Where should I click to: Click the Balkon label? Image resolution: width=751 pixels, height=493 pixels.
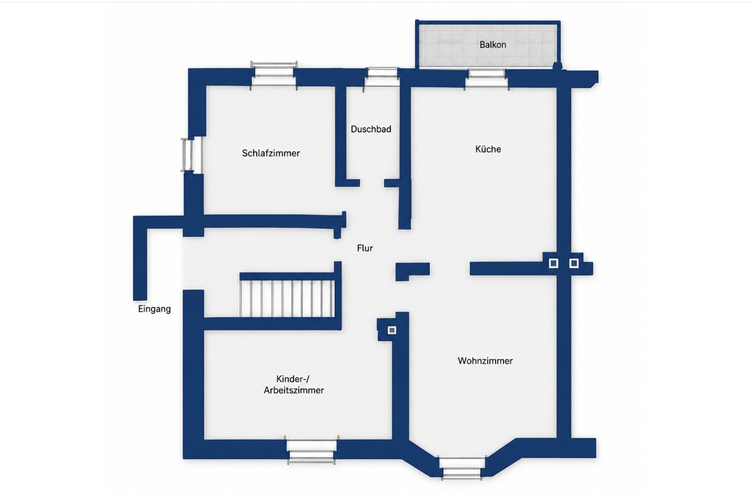(493, 45)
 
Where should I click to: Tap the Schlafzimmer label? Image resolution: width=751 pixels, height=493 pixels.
(271, 153)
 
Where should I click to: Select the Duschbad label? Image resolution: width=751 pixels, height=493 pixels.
(371, 129)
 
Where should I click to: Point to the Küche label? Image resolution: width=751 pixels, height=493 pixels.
(488, 149)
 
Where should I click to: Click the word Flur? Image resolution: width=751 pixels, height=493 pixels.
(365, 248)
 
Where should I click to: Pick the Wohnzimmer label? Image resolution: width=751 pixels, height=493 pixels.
(485, 361)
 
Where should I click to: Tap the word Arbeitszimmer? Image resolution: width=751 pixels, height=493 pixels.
(294, 390)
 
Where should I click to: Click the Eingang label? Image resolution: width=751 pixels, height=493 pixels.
(154, 309)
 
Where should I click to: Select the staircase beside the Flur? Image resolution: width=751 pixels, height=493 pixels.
(287, 299)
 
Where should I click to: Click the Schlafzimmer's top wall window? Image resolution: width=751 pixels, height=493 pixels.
(274, 76)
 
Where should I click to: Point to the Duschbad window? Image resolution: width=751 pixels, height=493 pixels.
(382, 77)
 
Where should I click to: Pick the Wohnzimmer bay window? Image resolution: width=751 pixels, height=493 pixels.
(462, 467)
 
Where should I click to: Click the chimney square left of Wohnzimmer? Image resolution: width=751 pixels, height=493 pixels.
(392, 330)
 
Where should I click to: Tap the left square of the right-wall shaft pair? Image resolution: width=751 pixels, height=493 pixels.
(554, 263)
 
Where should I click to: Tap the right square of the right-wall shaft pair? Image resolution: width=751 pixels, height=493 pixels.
(574, 263)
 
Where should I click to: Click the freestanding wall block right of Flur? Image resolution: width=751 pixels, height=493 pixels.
(413, 271)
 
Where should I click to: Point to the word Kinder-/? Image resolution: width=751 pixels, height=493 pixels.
(293, 379)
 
